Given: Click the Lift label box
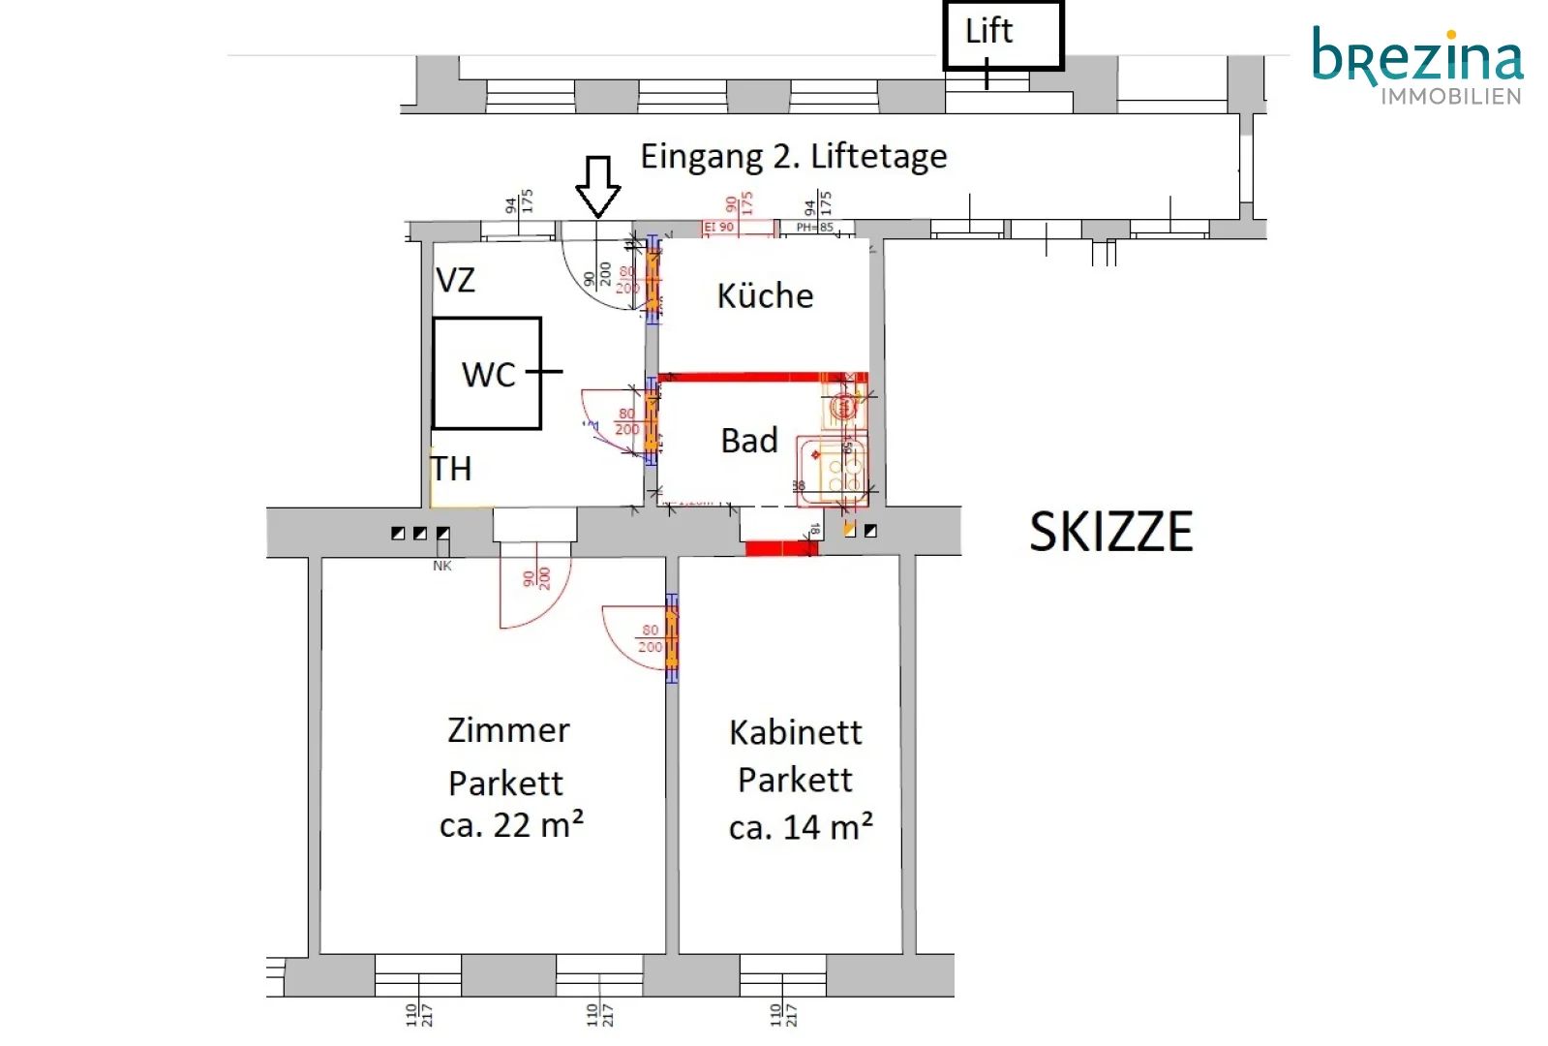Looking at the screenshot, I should coord(1003,35).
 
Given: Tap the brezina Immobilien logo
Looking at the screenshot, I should coord(1417,65).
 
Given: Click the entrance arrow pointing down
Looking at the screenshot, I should coord(597,185).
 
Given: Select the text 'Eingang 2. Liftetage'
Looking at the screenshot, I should coord(793,156).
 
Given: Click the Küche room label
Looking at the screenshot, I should coord(765,295).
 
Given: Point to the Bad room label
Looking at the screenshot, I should coord(749,441).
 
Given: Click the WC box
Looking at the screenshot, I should coord(487,374).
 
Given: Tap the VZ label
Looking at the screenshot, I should coord(455,281).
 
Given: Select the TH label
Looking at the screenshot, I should coord(451,469).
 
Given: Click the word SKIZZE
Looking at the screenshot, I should coord(1110,532).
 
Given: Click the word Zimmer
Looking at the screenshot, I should coord(508,730).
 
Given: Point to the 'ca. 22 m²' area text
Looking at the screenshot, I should coord(511,825).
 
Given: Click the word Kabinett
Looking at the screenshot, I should coord(795,732).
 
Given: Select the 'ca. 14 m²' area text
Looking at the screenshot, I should coord(801,827).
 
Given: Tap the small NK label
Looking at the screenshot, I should coord(442,566).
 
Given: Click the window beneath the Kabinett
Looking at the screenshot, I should coord(782,974).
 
